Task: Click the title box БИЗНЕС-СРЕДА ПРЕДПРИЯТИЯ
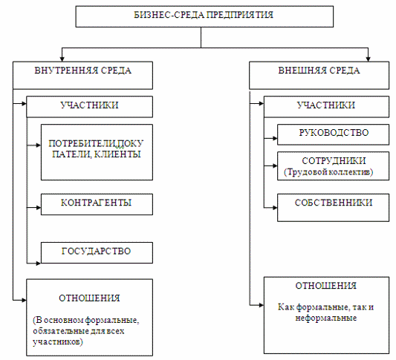point(204,16)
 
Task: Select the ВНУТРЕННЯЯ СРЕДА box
point(82,75)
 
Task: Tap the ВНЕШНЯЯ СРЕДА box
point(319,75)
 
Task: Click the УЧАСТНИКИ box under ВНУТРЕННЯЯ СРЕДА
point(89,107)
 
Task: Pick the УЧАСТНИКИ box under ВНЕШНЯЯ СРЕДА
point(326,107)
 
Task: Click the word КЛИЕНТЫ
point(117,154)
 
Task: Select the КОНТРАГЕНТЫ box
point(97,204)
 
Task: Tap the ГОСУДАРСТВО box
point(97,253)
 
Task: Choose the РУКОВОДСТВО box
point(333,134)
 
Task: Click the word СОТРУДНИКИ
point(334,160)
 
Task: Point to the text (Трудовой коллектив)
point(328,172)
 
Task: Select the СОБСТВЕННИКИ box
point(333,208)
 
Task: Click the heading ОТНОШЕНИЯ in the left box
point(89,298)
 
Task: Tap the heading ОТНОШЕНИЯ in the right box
point(326,286)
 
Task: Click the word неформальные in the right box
point(326,318)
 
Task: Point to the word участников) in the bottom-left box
point(58,342)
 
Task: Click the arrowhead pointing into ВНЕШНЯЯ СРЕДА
point(369,59)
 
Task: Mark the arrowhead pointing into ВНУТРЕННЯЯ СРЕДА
point(62,59)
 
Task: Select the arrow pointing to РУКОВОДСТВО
point(270,138)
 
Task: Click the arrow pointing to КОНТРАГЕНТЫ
point(34,208)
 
